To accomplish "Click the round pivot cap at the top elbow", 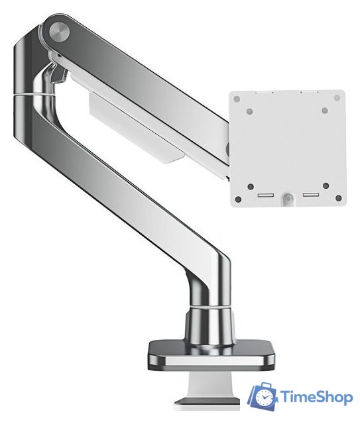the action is (x=59, y=32).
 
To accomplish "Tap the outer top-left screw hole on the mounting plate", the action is (x=237, y=99).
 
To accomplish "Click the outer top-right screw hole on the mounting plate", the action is (x=337, y=97).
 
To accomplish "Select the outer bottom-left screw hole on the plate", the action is (x=239, y=199).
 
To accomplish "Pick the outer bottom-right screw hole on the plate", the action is (x=338, y=198).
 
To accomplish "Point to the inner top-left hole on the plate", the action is (x=250, y=111).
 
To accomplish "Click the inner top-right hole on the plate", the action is (x=325, y=111).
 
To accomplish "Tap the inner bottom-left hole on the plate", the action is (x=251, y=187).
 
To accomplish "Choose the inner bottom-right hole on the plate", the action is (x=326, y=185).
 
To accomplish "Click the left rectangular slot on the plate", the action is (x=266, y=195).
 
